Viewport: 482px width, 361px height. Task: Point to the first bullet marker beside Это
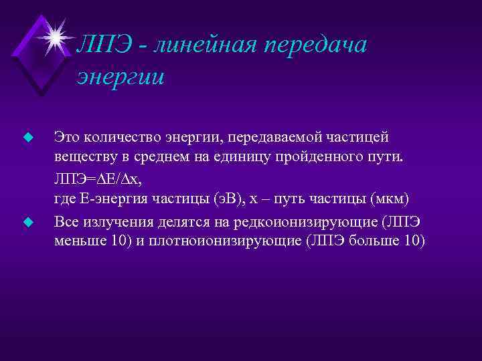click(x=27, y=137)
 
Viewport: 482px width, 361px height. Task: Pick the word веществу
click(x=83, y=158)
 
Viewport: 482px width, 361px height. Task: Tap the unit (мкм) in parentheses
click(x=390, y=200)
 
